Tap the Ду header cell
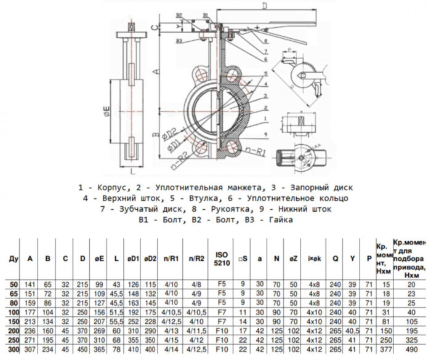(x=12, y=259)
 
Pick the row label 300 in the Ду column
(x=12, y=350)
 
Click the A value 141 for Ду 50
(x=30, y=285)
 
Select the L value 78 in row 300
(x=115, y=350)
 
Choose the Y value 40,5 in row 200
(x=353, y=331)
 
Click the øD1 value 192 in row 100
(x=132, y=313)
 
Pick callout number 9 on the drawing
(x=264, y=132)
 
